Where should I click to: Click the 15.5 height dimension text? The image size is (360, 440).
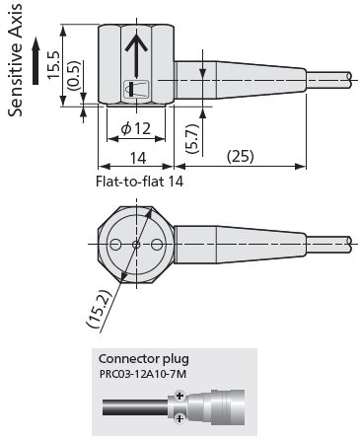click(x=55, y=67)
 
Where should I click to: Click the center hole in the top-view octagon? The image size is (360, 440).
click(x=137, y=243)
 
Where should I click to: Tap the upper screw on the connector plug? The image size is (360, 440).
click(x=179, y=397)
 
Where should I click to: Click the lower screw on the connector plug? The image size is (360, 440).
click(x=179, y=419)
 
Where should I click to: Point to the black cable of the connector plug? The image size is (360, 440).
click(x=128, y=407)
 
